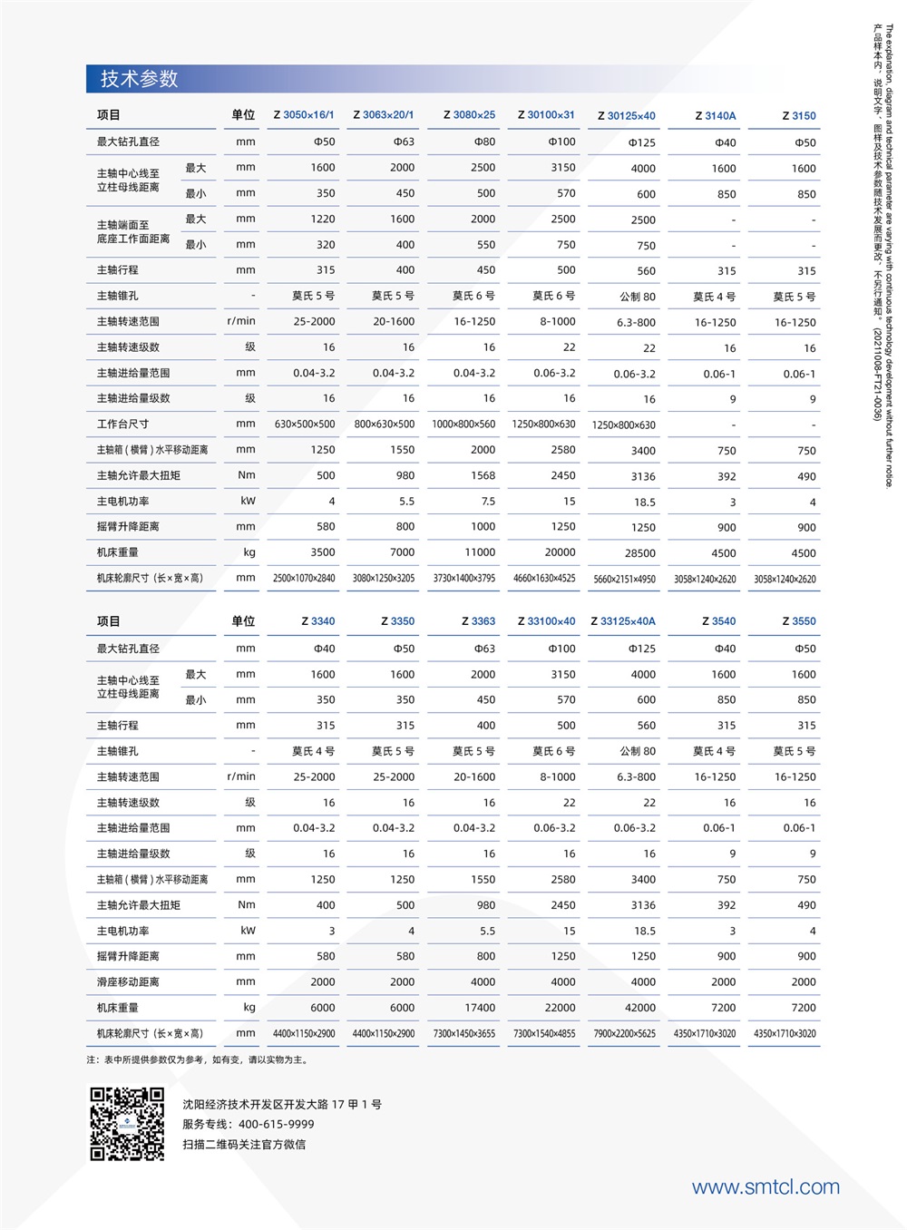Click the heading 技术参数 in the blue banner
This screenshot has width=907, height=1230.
pyautogui.click(x=139, y=79)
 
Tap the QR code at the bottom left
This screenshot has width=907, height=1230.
pyautogui.click(x=127, y=1124)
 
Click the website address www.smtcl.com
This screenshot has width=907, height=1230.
pyautogui.click(x=766, y=1187)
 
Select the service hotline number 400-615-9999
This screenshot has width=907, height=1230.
pyautogui.click(x=277, y=1124)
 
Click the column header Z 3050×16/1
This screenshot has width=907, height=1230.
pyautogui.click(x=304, y=115)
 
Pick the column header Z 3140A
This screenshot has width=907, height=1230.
pyautogui.click(x=716, y=116)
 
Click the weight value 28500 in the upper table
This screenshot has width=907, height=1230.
pyautogui.click(x=639, y=553)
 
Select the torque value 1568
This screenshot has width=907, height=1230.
pyautogui.click(x=483, y=475)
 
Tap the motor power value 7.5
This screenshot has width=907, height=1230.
pyautogui.click(x=488, y=502)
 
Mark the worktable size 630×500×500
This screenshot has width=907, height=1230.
pyautogui.click(x=305, y=425)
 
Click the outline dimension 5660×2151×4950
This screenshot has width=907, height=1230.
pyautogui.click(x=624, y=579)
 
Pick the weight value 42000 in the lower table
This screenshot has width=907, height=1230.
pyautogui.click(x=639, y=1008)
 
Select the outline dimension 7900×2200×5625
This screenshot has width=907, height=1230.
pyautogui.click(x=624, y=1034)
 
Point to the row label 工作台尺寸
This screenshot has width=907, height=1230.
pyautogui.click(x=122, y=425)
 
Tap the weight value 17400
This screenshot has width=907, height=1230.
pyautogui.click(x=480, y=1008)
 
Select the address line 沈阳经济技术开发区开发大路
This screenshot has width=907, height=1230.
pyautogui.click(x=282, y=1105)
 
